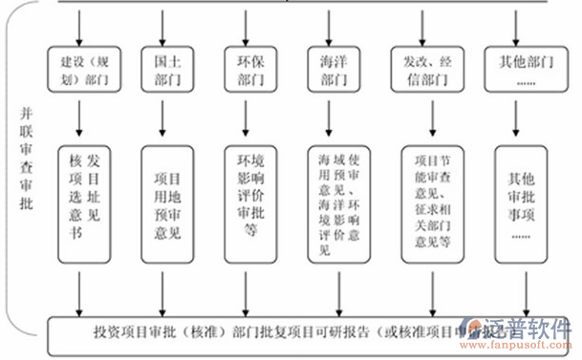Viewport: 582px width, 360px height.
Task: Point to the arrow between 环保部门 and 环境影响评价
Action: (x=246, y=119)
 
